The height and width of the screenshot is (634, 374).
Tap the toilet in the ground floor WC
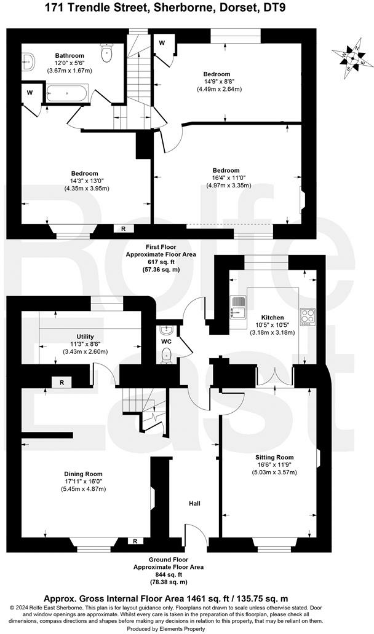pyautogui.click(x=165, y=354)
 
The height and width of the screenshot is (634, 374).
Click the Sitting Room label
pyautogui.click(x=275, y=457)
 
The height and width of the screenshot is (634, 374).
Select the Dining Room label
pyautogui.click(x=83, y=474)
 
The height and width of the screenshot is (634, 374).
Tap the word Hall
pyautogui.click(x=194, y=504)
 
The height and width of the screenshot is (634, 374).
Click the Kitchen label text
pyautogui.click(x=273, y=318)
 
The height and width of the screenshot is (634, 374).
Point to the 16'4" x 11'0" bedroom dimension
pyautogui.click(x=226, y=178)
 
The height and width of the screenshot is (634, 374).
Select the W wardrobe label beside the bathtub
pyautogui.click(x=30, y=93)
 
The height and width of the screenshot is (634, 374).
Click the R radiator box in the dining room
pyautogui.click(x=135, y=541)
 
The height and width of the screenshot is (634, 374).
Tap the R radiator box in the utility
pyautogui.click(x=62, y=382)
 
